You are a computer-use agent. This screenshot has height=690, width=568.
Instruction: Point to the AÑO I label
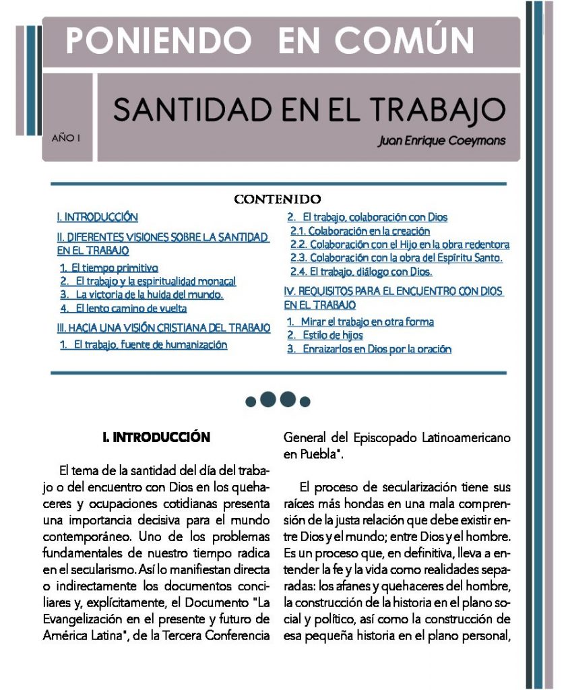(x=66, y=139)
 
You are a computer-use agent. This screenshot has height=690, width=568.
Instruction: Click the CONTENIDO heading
(x=277, y=199)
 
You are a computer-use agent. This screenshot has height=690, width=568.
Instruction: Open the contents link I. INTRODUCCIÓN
(x=98, y=217)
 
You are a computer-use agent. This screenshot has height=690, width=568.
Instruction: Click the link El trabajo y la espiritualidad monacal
(x=148, y=281)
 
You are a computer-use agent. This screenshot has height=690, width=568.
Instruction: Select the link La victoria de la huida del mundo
(x=141, y=294)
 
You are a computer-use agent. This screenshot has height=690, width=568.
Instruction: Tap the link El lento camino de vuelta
(x=123, y=308)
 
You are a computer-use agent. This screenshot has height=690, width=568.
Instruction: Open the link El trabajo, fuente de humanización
(x=144, y=345)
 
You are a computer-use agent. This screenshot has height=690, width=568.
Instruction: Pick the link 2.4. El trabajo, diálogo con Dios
(x=361, y=272)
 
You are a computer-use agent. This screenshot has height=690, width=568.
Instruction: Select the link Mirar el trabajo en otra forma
(x=360, y=322)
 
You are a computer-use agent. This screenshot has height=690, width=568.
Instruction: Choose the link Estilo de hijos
(x=325, y=335)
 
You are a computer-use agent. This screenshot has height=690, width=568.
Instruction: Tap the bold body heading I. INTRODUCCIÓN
(x=156, y=437)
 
